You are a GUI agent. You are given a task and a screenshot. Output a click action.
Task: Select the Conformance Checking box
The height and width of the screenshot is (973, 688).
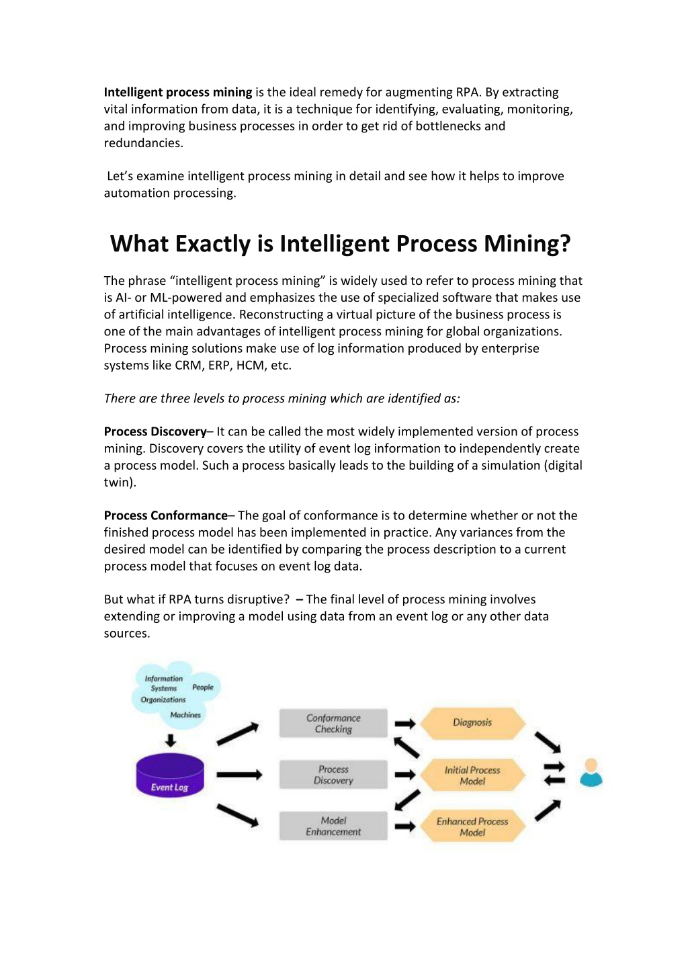pyautogui.click(x=333, y=723)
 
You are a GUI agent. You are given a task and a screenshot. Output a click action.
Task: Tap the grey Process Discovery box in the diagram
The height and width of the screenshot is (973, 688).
pyautogui.click(x=333, y=775)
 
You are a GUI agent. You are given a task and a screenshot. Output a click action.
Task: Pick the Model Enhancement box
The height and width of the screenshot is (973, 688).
pyautogui.click(x=333, y=826)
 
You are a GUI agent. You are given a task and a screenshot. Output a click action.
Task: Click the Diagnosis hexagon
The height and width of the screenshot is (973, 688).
pyautogui.click(x=472, y=723)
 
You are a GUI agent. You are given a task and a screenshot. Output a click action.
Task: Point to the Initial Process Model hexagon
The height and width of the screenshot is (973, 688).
pyautogui.click(x=472, y=775)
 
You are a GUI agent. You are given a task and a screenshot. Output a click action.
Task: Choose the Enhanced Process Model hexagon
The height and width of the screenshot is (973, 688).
pyautogui.click(x=472, y=827)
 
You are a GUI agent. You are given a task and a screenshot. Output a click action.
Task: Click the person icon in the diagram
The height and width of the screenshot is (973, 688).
pyautogui.click(x=591, y=773)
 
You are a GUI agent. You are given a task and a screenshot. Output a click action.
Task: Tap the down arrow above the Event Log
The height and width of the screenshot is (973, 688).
pyautogui.click(x=171, y=741)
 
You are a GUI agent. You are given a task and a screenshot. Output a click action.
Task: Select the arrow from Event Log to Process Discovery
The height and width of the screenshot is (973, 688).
pyautogui.click(x=239, y=775)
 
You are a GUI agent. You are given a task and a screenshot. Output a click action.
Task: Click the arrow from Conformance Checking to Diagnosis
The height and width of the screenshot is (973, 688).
pyautogui.click(x=405, y=724)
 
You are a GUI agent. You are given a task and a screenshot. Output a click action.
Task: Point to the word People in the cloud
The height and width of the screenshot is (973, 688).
pyautogui.click(x=203, y=687)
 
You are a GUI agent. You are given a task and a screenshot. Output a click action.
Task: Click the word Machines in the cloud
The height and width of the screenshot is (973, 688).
pyautogui.click(x=185, y=714)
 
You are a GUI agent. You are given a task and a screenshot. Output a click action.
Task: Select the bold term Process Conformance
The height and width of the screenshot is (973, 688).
pyautogui.click(x=165, y=515)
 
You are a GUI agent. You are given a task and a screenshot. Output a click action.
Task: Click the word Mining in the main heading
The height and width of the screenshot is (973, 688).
pyautogui.click(x=527, y=244)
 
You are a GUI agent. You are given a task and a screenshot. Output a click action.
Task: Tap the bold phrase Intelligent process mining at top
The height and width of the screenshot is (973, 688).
pyautogui.click(x=177, y=93)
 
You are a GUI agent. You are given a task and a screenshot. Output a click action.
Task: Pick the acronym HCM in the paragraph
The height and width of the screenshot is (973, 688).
pyautogui.click(x=250, y=366)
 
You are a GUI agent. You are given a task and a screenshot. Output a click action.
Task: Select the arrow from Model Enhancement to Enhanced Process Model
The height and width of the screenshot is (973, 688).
pyautogui.click(x=405, y=827)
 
